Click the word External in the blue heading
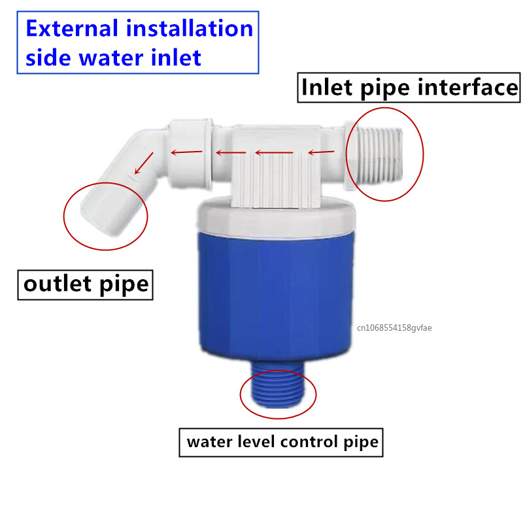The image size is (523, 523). [72, 28]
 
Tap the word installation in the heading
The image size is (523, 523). [190, 28]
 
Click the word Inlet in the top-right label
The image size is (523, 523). [326, 88]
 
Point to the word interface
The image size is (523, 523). [467, 88]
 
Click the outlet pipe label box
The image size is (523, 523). [86, 285]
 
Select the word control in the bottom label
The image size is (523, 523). [309, 442]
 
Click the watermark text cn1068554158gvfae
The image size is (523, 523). [394, 328]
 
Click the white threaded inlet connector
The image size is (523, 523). [377, 155]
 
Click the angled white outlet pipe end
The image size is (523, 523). [107, 210]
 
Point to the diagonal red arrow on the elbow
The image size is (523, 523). [144, 163]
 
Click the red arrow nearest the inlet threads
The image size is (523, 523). [321, 152]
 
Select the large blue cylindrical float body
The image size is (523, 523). [275, 297]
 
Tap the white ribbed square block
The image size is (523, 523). [275, 166]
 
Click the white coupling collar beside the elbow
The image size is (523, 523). [190, 154]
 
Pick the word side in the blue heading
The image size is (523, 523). [48, 58]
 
